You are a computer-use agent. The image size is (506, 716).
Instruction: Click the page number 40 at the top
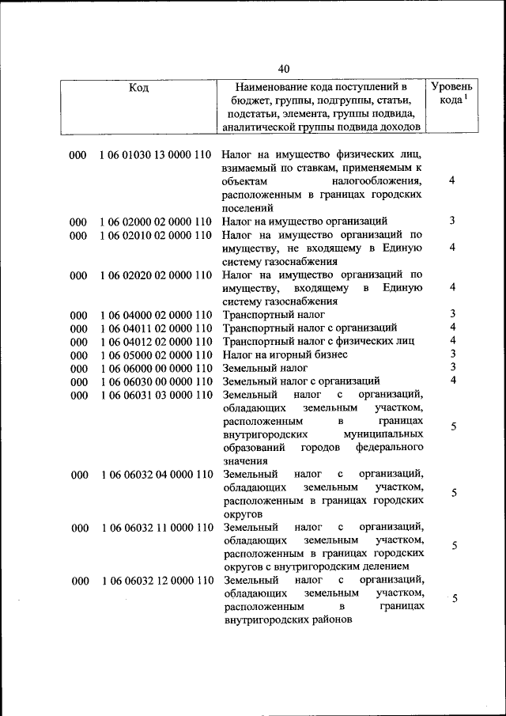coord(284,68)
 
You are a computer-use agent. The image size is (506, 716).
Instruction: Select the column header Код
coord(138,88)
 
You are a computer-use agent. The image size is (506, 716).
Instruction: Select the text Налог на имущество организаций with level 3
coord(304,222)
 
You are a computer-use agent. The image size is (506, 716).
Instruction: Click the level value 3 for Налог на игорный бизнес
coord(453,353)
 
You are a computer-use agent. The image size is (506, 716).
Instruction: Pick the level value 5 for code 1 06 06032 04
coord(454,493)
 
